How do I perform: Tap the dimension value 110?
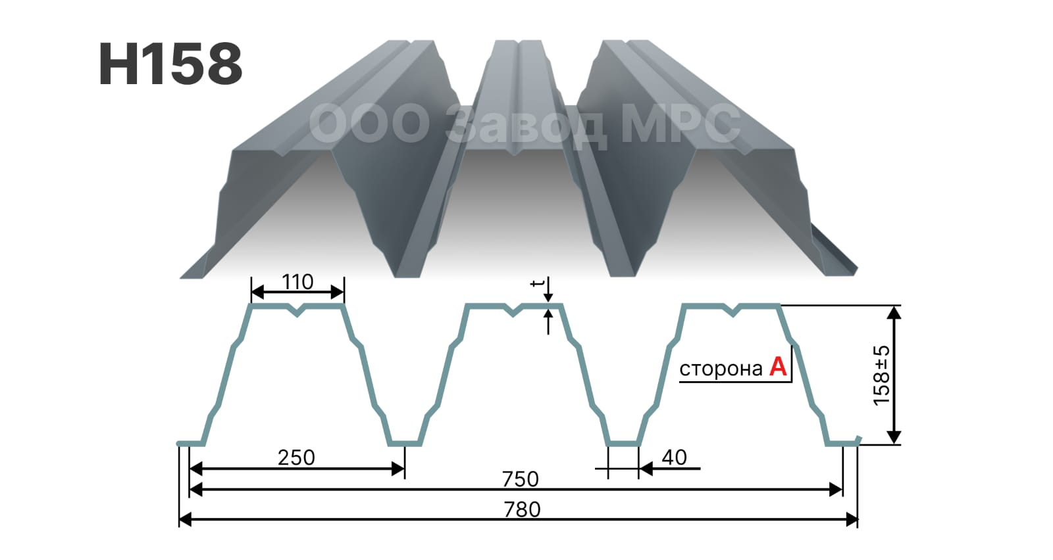[297, 282]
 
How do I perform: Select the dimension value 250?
[296, 457]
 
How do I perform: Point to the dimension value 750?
[521, 479]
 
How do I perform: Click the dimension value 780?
[522, 509]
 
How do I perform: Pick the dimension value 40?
[674, 457]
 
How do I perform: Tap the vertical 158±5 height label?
[881, 375]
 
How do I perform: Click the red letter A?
[778, 367]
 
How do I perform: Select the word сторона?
[721, 369]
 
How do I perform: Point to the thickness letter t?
[537, 283]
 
